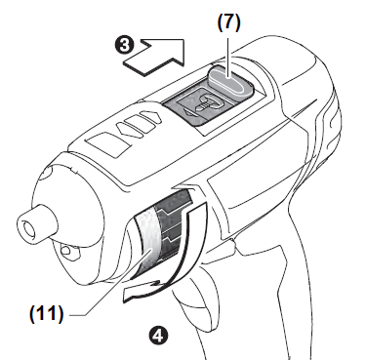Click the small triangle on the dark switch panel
click(182, 111)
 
